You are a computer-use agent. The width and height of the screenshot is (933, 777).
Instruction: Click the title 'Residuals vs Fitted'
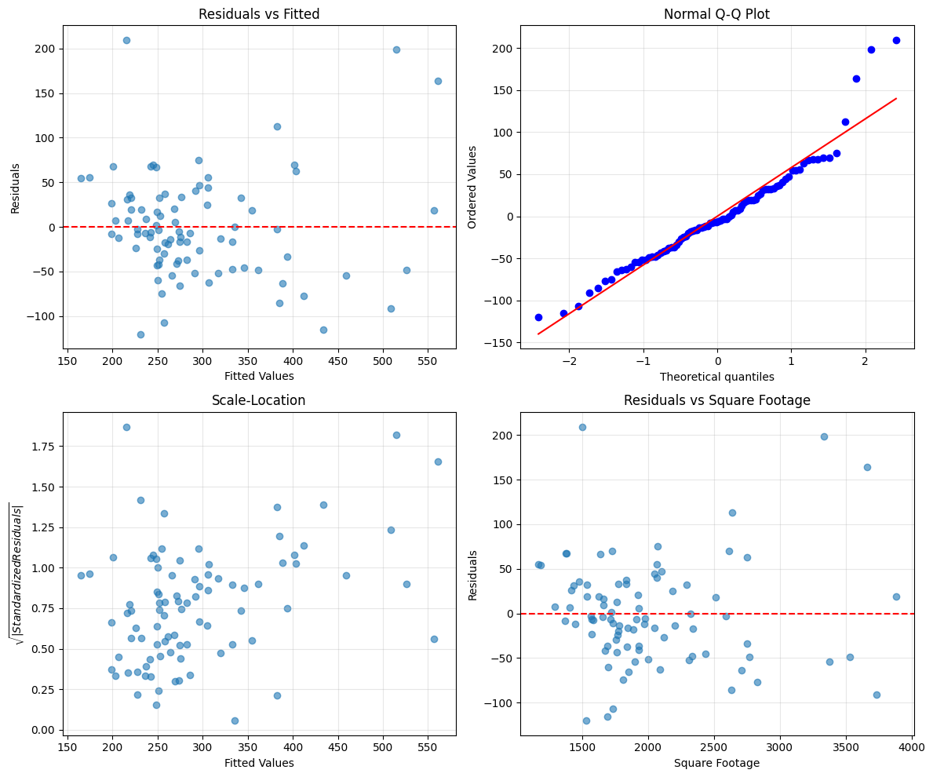(x=259, y=14)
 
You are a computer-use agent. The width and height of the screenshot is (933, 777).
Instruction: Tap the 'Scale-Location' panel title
(x=259, y=400)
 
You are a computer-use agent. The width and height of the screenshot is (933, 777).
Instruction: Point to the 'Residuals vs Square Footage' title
(x=716, y=400)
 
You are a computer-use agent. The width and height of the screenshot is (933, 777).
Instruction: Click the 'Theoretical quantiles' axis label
(x=716, y=377)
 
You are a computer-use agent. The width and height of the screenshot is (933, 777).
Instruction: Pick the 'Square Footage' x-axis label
(x=716, y=763)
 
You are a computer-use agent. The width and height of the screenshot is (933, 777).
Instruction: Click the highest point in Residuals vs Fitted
(x=126, y=40)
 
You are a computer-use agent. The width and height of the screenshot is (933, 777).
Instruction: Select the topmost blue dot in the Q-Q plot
(x=896, y=40)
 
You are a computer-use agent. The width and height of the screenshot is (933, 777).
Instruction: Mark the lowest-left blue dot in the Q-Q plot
(x=538, y=317)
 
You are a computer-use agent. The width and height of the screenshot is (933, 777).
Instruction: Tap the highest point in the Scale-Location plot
(x=126, y=427)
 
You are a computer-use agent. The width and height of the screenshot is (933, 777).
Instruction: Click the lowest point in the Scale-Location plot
(x=235, y=720)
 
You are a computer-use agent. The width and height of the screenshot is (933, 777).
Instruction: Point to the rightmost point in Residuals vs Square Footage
(x=896, y=596)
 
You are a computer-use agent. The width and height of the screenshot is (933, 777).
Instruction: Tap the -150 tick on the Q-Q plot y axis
(x=499, y=343)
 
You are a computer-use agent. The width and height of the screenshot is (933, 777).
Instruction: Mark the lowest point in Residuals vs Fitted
(x=140, y=334)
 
